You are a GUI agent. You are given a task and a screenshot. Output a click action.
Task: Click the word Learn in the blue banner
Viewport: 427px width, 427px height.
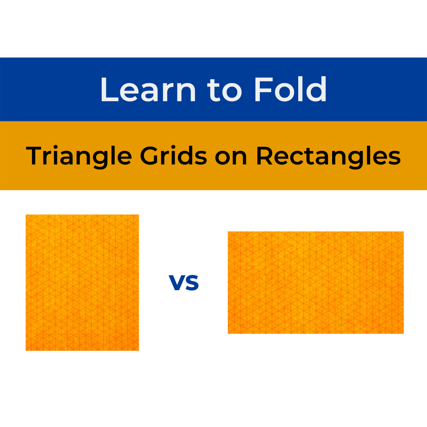coord(148,90)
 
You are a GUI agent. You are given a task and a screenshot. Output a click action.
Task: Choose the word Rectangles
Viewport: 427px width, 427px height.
coord(328,157)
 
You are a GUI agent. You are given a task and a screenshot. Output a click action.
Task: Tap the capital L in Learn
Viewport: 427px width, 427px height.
coord(109,90)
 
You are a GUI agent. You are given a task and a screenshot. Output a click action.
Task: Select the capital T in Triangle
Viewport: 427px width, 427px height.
coord(35,156)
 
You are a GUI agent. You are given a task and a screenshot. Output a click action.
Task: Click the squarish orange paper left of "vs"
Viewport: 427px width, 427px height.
coord(82,282)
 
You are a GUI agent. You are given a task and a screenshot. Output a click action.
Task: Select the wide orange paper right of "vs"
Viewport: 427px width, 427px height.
coord(316,282)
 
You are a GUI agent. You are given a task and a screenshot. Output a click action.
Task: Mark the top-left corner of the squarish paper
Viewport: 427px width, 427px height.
coord(26,215)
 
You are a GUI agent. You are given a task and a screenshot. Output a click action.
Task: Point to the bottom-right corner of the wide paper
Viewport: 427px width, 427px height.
coord(403,333)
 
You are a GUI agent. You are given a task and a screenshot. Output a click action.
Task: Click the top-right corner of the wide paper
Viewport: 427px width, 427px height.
coord(403,232)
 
